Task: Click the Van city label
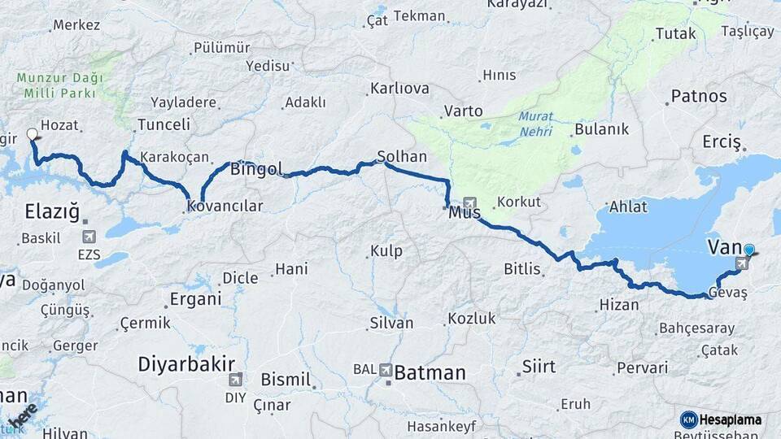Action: pos(724,246)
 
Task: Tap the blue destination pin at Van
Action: pos(749,251)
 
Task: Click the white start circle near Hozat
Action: pos(33,134)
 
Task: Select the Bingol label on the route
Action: pos(256,170)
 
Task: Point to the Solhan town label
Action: pos(402,156)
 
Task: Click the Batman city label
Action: pos(430,373)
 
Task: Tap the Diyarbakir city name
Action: pos(186,363)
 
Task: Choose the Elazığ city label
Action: pos(52,213)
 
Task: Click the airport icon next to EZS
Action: pos(89,237)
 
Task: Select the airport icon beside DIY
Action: pos(236,379)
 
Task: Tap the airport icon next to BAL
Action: pos(386,370)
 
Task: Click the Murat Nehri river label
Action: pos(535,123)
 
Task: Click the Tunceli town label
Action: pos(164,125)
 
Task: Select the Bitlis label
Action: pos(522,268)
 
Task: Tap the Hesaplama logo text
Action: pos(731,419)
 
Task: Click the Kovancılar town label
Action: pos(225,206)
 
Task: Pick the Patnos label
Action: pos(699,97)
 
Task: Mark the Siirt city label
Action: pos(539,367)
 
